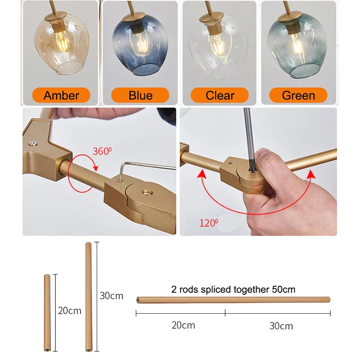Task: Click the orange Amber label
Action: [x=61, y=95]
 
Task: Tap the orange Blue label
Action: [x=140, y=95]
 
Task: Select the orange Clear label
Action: [x=220, y=95]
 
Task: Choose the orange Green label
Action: [x=298, y=95]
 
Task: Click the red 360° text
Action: [x=102, y=151]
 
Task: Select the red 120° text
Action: [x=209, y=223]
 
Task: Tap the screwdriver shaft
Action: [x=249, y=138]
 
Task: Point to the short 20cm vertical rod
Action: [x=47, y=313]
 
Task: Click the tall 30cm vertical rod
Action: [x=89, y=297]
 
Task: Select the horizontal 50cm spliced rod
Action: [x=233, y=300]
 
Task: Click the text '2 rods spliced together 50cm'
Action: [x=233, y=289]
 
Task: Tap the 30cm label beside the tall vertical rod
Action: [x=111, y=296]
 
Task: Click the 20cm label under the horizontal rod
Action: [x=183, y=325]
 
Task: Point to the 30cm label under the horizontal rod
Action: [x=281, y=326]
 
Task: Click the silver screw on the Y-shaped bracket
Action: [x=33, y=143]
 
